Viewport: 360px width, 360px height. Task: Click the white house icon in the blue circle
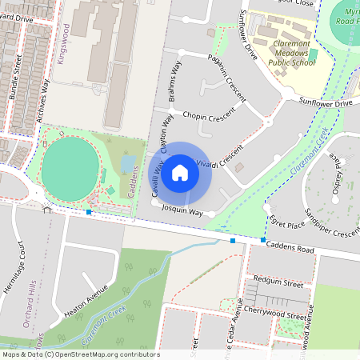tap(180, 172)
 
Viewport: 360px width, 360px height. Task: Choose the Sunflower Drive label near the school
tap(326, 103)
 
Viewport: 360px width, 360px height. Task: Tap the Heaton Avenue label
tap(86, 302)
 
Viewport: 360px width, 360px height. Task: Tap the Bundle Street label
tap(14, 78)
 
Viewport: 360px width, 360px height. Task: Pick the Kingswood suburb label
tap(65, 44)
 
